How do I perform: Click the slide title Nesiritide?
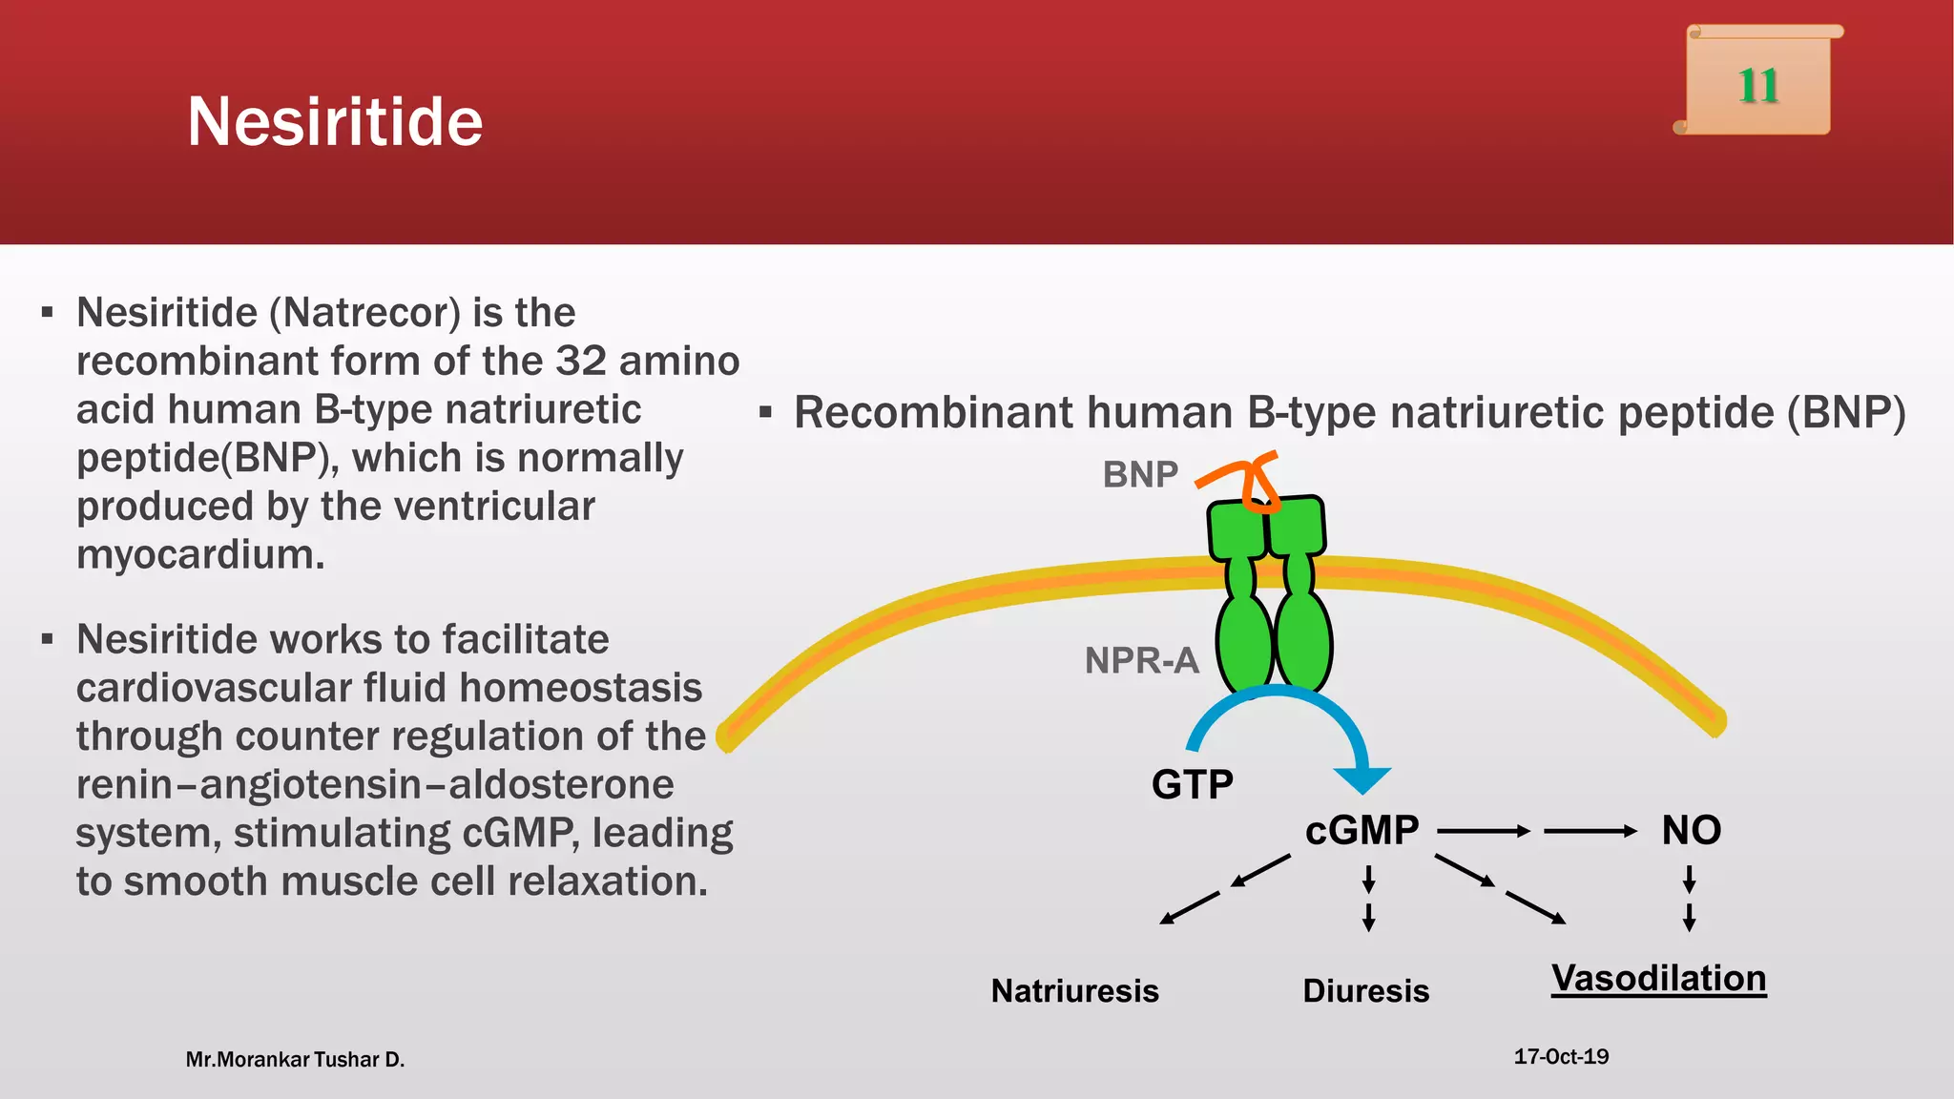(335, 122)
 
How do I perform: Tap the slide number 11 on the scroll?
(1757, 86)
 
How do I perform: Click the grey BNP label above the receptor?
(1140, 474)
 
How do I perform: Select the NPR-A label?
(1141, 660)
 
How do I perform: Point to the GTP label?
(1192, 785)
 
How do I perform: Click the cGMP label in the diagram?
(1362, 830)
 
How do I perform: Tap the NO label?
(1691, 830)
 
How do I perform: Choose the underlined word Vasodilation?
(1658, 979)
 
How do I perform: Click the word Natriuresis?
(1074, 991)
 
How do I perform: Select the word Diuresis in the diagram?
(1365, 991)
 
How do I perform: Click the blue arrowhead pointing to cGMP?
(1362, 778)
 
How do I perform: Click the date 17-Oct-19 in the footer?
(1561, 1057)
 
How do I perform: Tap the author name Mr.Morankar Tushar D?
(295, 1060)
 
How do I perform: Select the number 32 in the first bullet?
(581, 362)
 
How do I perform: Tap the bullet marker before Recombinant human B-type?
(765, 413)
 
